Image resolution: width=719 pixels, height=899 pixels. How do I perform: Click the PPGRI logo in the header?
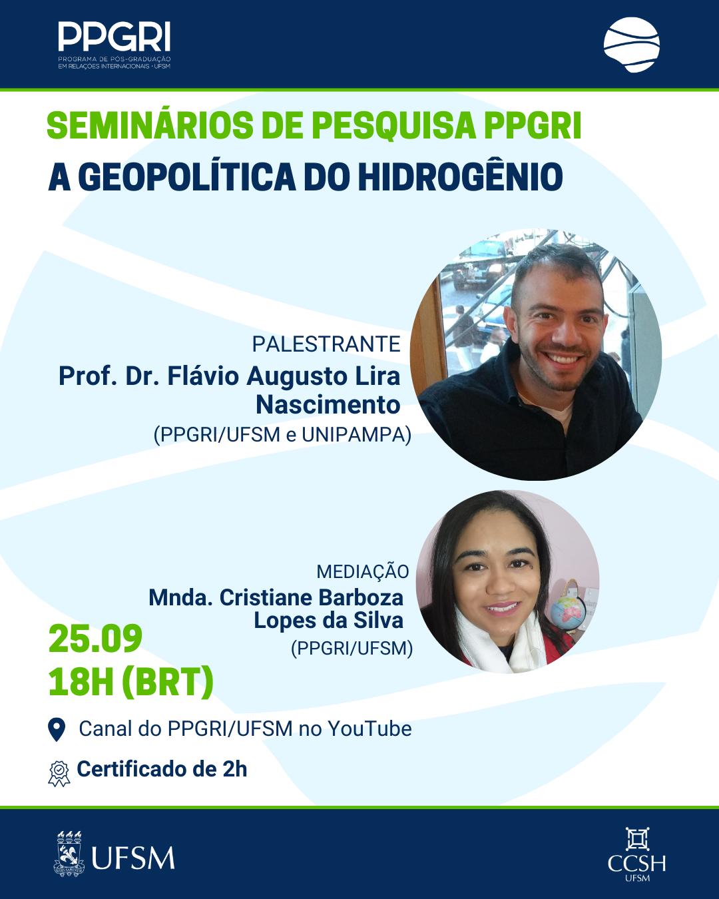(114, 45)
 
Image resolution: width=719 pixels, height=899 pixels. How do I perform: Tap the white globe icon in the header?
(631, 45)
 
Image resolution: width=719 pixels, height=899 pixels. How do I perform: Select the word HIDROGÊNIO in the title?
(460, 176)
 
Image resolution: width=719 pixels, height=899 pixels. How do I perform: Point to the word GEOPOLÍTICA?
(187, 176)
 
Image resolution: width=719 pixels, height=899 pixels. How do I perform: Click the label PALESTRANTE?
(326, 344)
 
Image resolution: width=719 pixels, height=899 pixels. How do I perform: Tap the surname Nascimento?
(328, 405)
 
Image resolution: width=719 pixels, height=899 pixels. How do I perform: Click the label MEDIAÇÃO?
(363, 571)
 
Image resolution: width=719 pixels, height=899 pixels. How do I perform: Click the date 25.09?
(95, 638)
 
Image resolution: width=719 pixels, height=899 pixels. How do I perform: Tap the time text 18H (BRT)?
(130, 682)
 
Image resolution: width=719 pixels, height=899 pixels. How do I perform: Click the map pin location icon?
(57, 729)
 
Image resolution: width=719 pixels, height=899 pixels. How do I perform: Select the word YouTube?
(369, 729)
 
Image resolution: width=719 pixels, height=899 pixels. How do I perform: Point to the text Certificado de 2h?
(162, 769)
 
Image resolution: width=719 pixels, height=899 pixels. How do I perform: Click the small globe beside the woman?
(565, 613)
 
